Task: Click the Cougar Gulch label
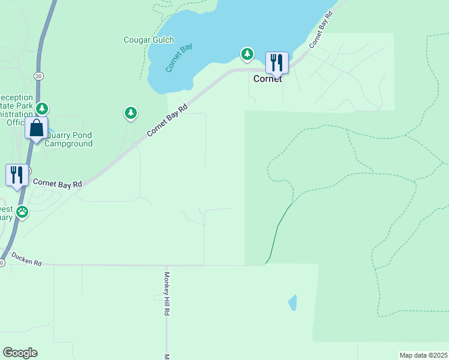click(148, 40)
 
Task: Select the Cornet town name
click(268, 79)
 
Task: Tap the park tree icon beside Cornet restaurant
click(247, 55)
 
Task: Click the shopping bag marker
click(37, 128)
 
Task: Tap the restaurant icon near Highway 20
click(17, 175)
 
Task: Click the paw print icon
click(22, 211)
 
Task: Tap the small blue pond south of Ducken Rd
click(292, 302)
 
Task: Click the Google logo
click(20, 353)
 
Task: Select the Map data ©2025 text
click(423, 355)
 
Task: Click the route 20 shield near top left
click(38, 76)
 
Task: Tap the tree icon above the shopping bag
click(41, 109)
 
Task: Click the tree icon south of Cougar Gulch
click(131, 112)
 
